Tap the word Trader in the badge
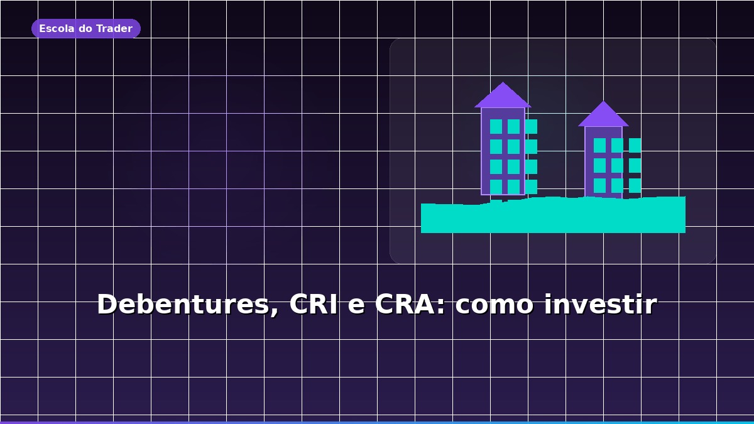click(x=114, y=29)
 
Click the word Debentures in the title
click(x=185, y=305)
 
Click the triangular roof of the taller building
click(x=503, y=97)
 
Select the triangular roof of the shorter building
click(x=603, y=116)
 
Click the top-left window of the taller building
click(x=496, y=126)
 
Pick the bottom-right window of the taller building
click(x=531, y=187)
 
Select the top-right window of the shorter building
click(x=635, y=145)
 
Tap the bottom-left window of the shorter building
click(x=599, y=185)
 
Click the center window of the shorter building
click(x=617, y=165)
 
